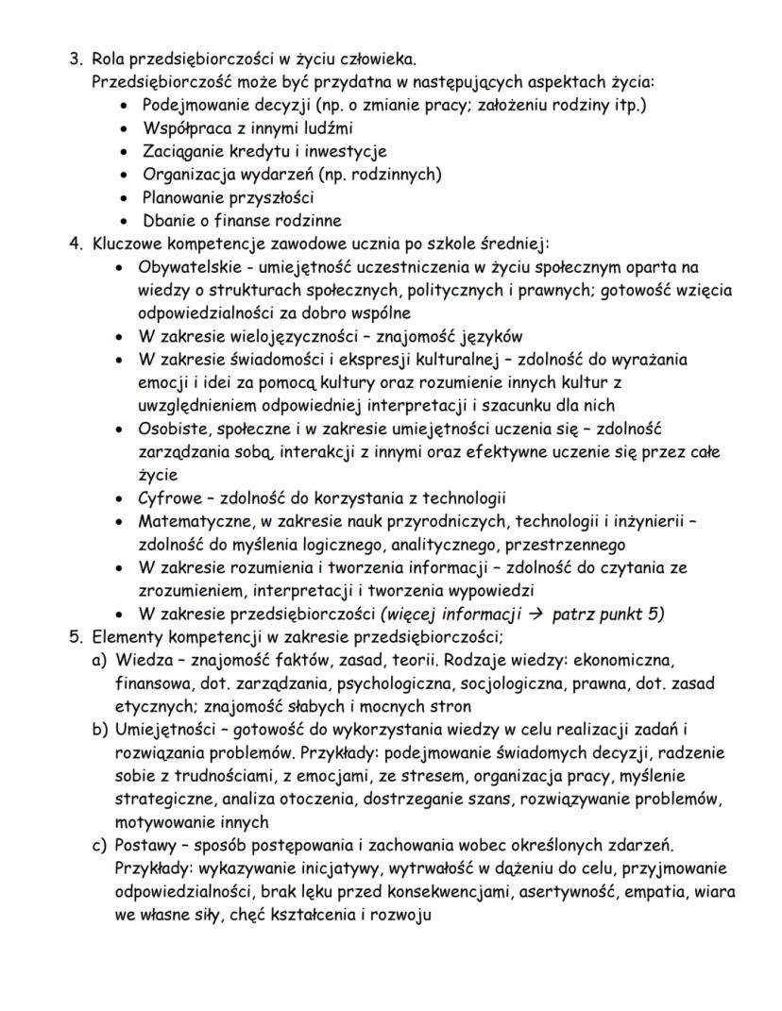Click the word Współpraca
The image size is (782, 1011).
pyautogui.click(x=181, y=127)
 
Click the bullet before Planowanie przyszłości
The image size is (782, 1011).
pyautogui.click(x=125, y=198)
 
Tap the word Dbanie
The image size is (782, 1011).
pyautogui.click(x=165, y=221)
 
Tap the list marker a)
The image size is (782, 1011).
pyautogui.click(x=99, y=659)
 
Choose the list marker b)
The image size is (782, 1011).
pyautogui.click(x=99, y=729)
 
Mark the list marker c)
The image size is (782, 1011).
pyautogui.click(x=99, y=844)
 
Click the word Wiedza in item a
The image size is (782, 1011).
pyautogui.click(x=140, y=659)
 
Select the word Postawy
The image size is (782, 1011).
pyautogui.click(x=145, y=844)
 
